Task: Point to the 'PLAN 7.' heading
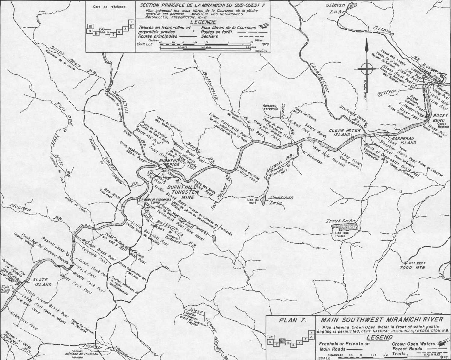pos(290,320)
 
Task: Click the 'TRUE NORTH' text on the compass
pos(364,97)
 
